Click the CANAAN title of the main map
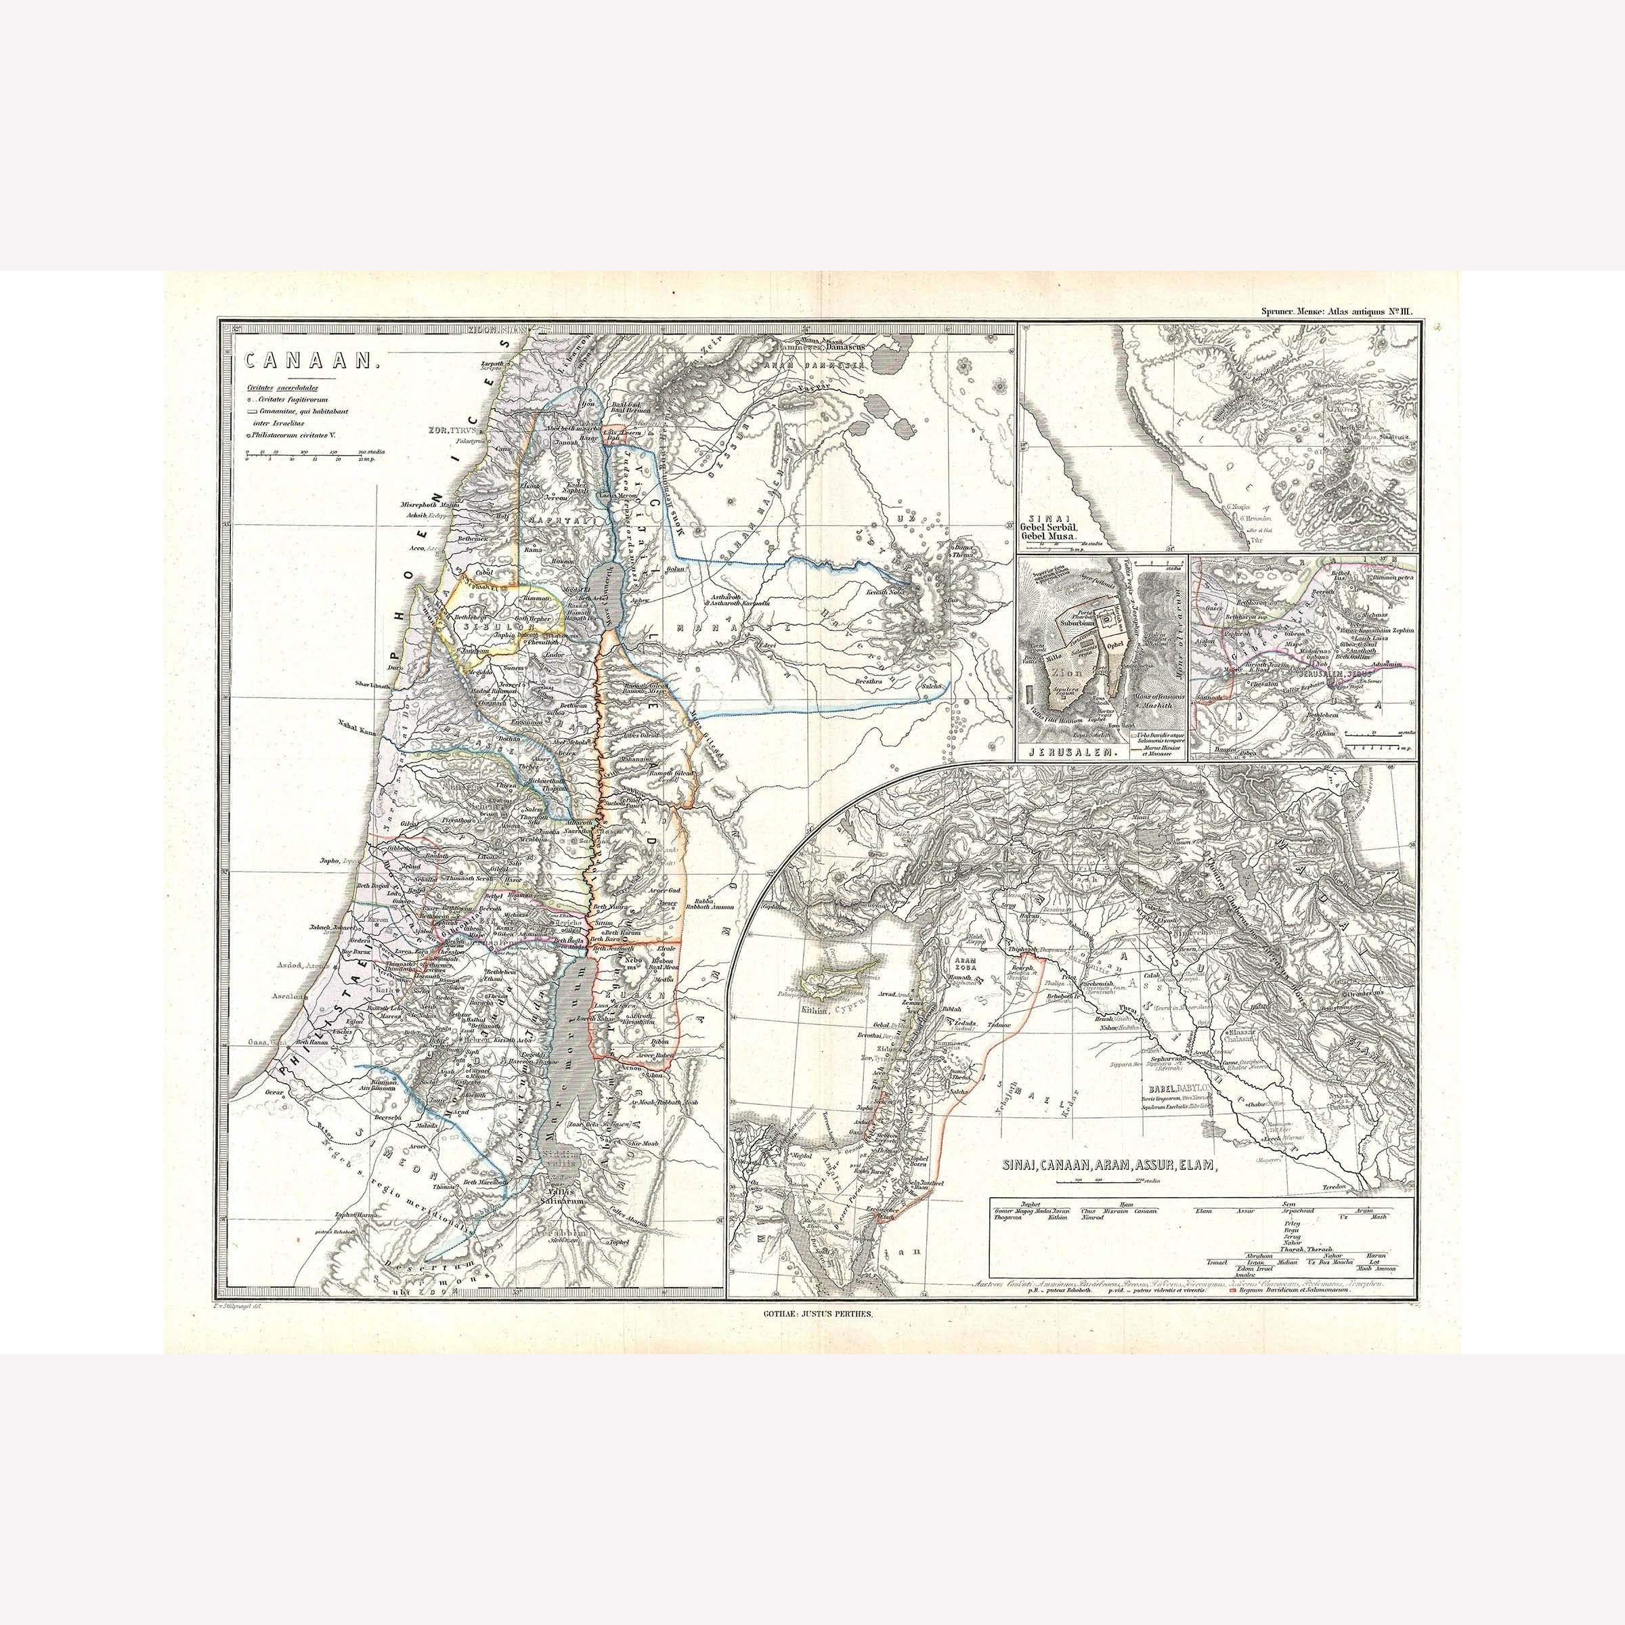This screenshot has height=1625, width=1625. click(x=312, y=361)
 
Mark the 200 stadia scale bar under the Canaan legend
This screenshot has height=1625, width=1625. click(x=313, y=458)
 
